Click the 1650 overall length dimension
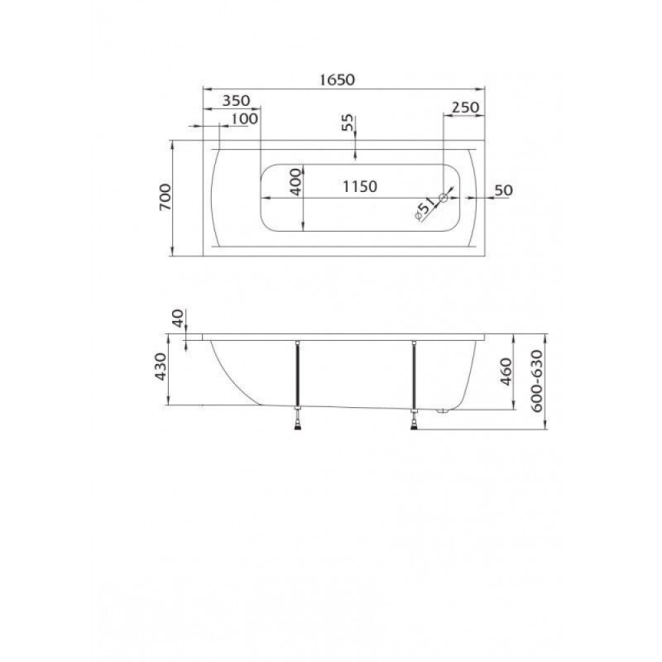click(337, 79)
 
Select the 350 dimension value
click(236, 100)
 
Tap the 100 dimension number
click(244, 118)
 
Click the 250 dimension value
click(465, 108)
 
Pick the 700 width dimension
click(165, 197)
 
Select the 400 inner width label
click(297, 182)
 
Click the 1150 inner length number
click(359, 186)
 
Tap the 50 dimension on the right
click(503, 190)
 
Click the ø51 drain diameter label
click(425, 209)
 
